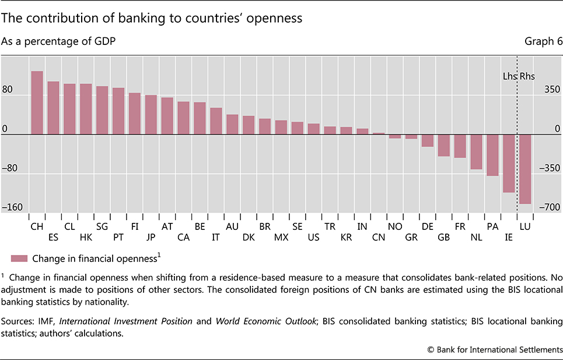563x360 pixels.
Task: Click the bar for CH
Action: click(37, 103)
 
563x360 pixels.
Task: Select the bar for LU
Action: click(525, 169)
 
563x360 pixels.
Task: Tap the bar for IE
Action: click(509, 163)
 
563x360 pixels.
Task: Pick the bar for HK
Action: click(86, 109)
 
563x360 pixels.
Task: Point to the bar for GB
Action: click(443, 145)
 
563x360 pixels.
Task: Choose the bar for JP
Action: click(151, 115)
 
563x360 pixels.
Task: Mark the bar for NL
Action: click(476, 152)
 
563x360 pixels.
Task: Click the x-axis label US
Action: click(313, 237)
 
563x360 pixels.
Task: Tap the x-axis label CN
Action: click(379, 237)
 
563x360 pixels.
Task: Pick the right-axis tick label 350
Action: click(552, 90)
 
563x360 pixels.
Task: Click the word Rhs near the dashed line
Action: click(527, 76)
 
